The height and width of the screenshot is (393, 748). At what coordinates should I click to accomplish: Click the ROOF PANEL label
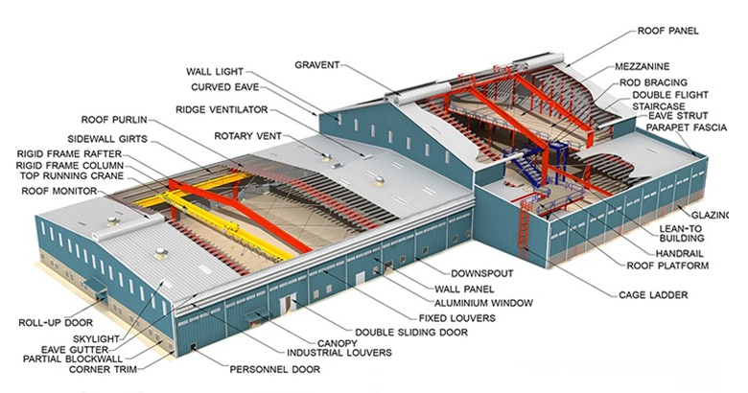[667, 31]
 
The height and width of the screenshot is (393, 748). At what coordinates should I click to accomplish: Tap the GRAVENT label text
[316, 65]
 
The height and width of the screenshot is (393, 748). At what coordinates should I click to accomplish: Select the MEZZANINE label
[643, 66]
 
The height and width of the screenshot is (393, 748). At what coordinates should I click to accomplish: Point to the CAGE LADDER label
[653, 295]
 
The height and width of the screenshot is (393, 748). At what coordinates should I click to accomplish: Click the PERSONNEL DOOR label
[275, 369]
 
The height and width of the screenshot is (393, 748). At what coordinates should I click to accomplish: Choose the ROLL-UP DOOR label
[56, 323]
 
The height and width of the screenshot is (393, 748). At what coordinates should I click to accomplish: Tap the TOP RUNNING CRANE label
[72, 176]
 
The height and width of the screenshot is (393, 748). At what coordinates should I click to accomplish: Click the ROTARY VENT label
[247, 136]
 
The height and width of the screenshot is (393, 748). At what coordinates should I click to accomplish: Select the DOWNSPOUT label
[482, 274]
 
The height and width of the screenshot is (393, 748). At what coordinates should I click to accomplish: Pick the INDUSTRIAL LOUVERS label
[339, 353]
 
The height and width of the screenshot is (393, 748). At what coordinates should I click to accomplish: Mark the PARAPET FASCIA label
[687, 127]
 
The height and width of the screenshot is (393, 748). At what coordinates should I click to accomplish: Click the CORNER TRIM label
[103, 369]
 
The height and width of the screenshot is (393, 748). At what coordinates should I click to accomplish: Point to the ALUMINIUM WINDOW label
[483, 303]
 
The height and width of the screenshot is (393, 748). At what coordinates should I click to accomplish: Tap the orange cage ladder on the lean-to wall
[525, 224]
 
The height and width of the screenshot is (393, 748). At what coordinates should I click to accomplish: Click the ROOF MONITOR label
[59, 192]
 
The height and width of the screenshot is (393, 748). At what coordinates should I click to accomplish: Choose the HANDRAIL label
[679, 254]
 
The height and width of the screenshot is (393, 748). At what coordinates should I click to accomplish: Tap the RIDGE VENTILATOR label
[222, 110]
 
